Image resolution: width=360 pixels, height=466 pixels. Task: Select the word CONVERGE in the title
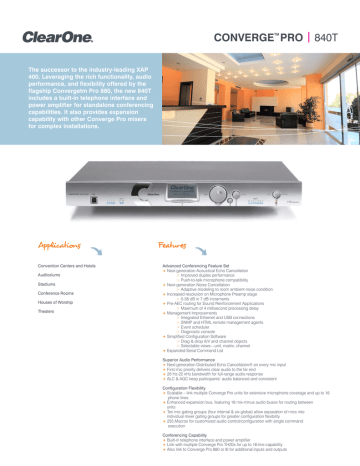[245, 17]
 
